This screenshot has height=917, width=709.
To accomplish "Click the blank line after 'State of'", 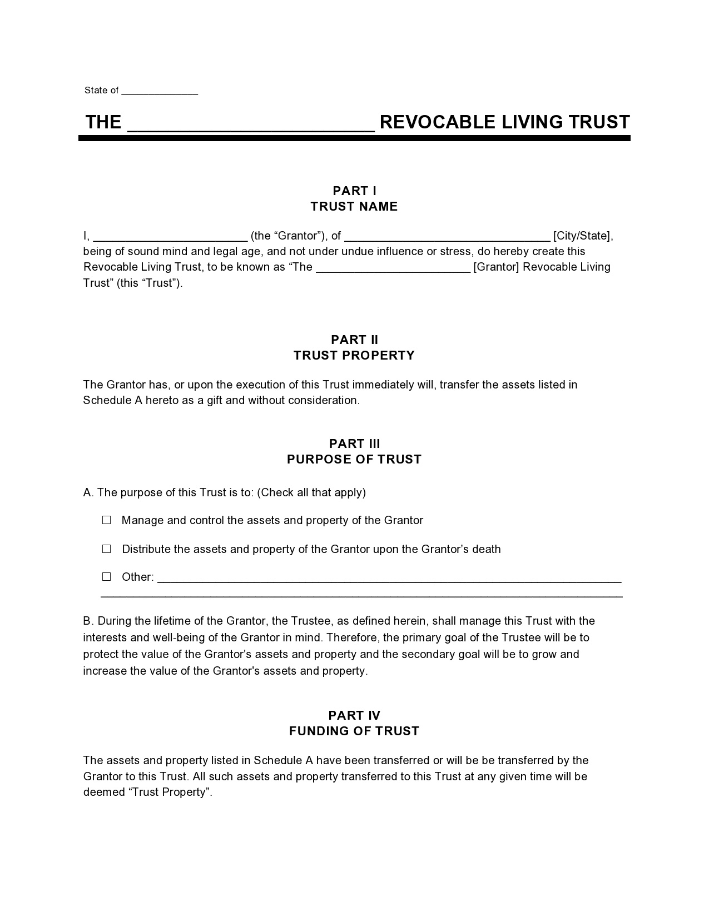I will coord(160,91).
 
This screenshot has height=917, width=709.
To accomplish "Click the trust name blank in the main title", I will coord(251,123).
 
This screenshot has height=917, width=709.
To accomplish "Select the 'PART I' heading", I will coord(354,191).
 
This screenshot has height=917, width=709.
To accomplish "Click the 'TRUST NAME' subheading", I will coord(354,207).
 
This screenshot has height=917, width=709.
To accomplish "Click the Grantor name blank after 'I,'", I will coord(170,237).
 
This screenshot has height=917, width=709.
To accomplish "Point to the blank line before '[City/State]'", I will coord(447,237).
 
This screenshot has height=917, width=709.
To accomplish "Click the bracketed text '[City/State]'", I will coord(582,236).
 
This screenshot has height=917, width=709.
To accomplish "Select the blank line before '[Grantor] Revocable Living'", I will coord(393,268).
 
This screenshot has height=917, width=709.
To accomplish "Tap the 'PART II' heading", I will coord(354,340).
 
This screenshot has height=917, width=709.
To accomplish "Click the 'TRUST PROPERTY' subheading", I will coord(354,356).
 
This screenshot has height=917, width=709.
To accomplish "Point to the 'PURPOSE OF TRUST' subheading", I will coord(354,460).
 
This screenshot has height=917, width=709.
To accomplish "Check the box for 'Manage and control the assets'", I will coord(107,520).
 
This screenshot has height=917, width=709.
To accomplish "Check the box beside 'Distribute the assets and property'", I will coord(107,549).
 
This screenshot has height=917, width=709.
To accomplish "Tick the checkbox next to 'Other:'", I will coord(107,577).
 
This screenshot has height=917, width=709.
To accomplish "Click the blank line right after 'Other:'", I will coord(389,578).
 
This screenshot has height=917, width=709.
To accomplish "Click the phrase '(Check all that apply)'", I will coord(312,492).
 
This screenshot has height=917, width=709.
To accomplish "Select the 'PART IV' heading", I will coord(354,716).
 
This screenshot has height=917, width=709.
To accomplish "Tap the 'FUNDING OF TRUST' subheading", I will coord(354,731).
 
